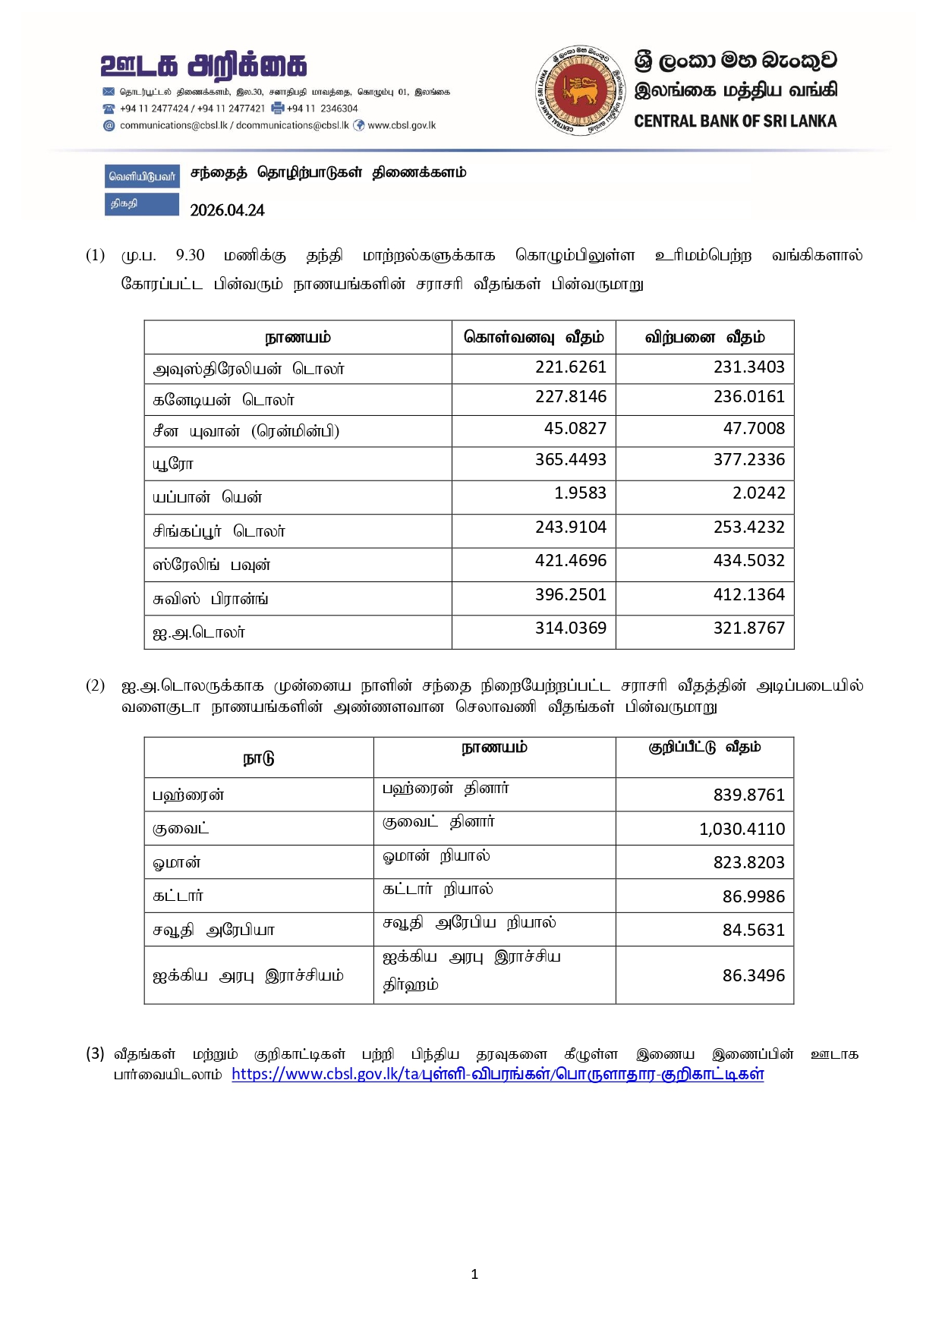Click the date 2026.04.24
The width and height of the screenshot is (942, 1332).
(227, 210)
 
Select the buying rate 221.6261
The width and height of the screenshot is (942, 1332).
(570, 367)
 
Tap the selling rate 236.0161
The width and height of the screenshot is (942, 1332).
(748, 397)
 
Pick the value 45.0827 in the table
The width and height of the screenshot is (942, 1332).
(575, 429)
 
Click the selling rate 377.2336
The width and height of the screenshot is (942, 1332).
(748, 460)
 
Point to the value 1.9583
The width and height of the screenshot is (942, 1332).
(580, 493)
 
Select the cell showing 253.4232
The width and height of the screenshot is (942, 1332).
(748, 527)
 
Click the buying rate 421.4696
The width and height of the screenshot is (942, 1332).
(570, 561)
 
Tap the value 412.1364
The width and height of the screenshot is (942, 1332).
(748, 595)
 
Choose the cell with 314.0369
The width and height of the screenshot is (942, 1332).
(570, 628)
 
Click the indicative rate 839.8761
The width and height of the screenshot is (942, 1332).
(748, 795)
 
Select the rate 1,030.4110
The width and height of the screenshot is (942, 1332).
(742, 830)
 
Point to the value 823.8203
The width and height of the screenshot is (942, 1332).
(748, 863)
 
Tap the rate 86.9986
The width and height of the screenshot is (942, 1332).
(753, 897)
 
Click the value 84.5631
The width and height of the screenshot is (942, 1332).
(753, 931)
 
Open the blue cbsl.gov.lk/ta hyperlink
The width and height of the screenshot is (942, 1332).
(497, 1075)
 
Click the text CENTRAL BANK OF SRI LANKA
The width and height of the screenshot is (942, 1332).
(735, 121)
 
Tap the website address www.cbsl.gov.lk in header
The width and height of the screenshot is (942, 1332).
(402, 126)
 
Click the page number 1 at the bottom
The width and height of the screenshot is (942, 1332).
(474, 1274)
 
